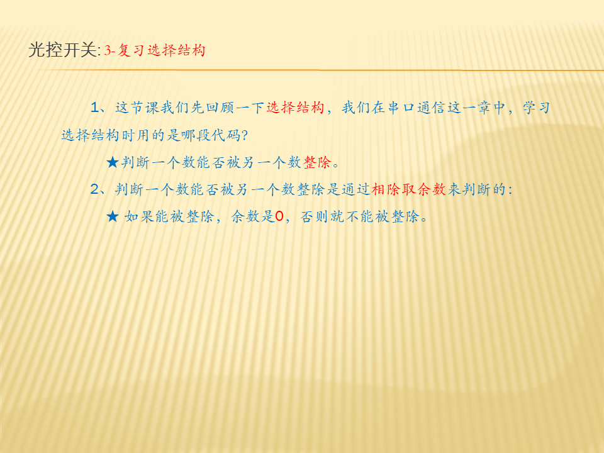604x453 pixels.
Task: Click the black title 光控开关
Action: point(62,50)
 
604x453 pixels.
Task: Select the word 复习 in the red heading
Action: point(131,50)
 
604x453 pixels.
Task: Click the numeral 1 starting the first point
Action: point(95,108)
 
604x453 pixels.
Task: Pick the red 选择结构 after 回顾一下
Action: point(296,108)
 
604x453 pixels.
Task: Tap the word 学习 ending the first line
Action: point(536,108)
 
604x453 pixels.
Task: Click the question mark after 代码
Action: point(244,135)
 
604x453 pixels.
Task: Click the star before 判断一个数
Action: point(112,162)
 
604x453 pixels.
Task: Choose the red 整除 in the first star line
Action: point(317,162)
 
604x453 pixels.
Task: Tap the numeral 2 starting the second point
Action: point(95,189)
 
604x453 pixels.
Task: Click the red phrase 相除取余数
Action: point(409,189)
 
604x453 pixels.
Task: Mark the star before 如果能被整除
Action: point(112,216)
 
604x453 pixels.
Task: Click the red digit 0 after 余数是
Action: point(279,216)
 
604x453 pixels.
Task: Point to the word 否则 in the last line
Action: point(314,216)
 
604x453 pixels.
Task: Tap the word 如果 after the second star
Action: point(138,216)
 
